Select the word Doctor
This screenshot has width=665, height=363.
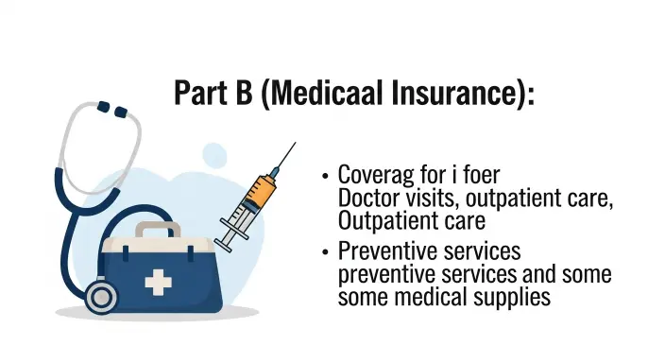click(367, 199)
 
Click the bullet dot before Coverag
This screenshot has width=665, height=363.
click(325, 177)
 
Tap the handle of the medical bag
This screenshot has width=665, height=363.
click(156, 229)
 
